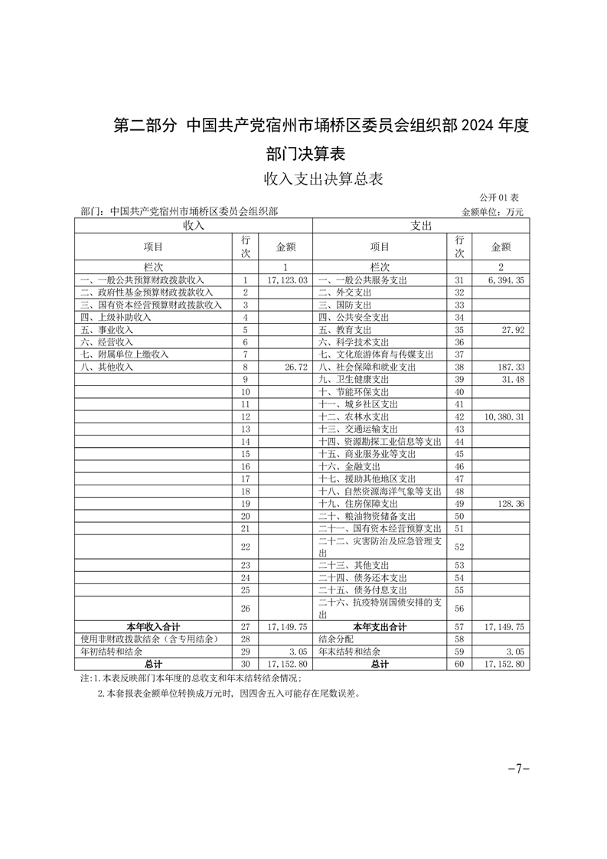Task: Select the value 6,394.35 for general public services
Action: [504, 281]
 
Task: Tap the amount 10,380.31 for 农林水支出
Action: [501, 416]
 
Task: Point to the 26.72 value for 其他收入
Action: [295, 367]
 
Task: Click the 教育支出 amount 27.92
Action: [511, 330]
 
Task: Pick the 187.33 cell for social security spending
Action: [509, 367]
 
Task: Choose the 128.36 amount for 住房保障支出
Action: [509, 504]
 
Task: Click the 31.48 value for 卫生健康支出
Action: [511, 379]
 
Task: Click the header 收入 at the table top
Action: [193, 226]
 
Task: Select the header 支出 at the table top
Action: [422, 226]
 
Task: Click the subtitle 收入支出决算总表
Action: [322, 179]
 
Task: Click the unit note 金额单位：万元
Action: [492, 211]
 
